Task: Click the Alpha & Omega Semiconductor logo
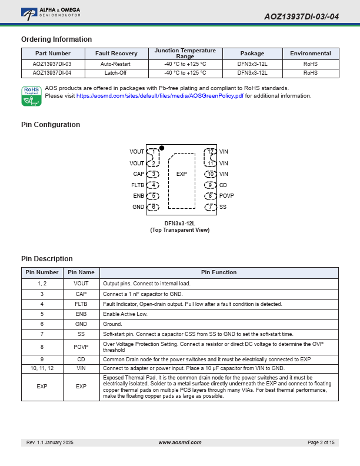tap(51, 12)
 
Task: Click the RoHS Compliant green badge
tap(31, 96)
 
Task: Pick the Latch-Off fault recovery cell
tap(117, 73)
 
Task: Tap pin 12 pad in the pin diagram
tap(210, 152)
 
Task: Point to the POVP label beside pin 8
tap(226, 196)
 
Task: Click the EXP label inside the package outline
tap(181, 174)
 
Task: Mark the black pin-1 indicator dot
tap(162, 148)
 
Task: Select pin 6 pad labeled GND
tap(153, 207)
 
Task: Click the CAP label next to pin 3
tap(138, 174)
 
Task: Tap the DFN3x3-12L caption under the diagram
tap(179, 224)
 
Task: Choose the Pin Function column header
tap(219, 272)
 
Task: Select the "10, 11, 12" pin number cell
tap(42, 368)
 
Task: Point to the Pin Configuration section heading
tap(51, 125)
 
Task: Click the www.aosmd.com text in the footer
tap(180, 442)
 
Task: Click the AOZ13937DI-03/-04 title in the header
tap(301, 16)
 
